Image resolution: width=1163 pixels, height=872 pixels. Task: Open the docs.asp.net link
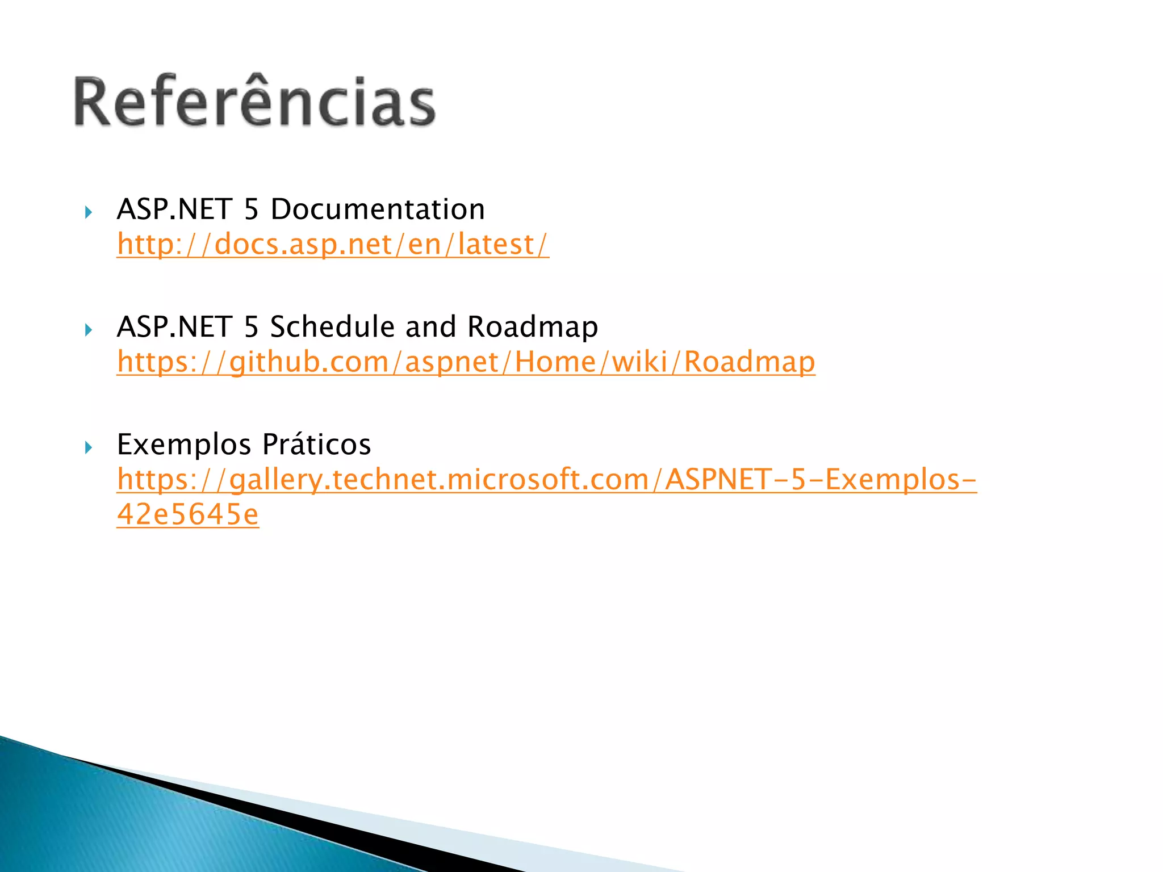click(333, 244)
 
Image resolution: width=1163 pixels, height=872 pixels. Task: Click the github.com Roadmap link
click(466, 362)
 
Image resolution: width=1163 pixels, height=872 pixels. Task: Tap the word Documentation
click(378, 209)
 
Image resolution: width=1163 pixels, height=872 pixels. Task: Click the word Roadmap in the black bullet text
click(532, 326)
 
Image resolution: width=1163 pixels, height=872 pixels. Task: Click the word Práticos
click(316, 444)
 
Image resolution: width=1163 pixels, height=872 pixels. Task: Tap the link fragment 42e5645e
click(188, 514)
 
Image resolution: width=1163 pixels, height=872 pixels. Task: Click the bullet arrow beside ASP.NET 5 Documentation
click(88, 213)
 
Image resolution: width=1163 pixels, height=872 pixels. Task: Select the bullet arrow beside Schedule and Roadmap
click(88, 330)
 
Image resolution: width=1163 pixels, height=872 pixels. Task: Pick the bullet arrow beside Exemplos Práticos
click(88, 447)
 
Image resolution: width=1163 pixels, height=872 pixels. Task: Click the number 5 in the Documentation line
click(251, 209)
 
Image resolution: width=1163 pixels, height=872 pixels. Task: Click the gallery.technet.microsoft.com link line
click(546, 479)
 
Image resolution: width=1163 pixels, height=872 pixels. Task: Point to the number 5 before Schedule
click(251, 326)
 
